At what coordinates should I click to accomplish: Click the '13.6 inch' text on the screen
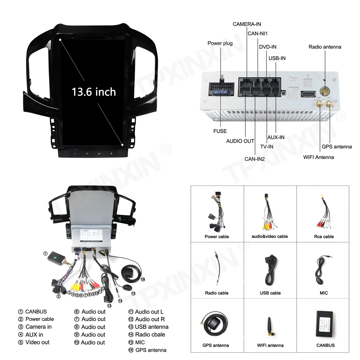point(94,92)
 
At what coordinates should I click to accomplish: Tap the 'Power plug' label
point(220,43)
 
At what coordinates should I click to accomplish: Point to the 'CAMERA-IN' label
point(247,24)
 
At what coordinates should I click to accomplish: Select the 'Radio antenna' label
point(325,47)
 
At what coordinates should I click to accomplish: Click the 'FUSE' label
point(220,131)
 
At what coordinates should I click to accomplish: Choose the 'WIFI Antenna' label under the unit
point(318,157)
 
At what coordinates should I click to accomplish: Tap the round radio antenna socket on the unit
point(325,91)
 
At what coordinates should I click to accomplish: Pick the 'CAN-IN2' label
point(255,159)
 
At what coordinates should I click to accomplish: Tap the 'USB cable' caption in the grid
point(270,293)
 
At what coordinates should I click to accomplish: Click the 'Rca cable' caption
point(324,236)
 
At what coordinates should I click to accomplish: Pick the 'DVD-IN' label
point(268,47)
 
